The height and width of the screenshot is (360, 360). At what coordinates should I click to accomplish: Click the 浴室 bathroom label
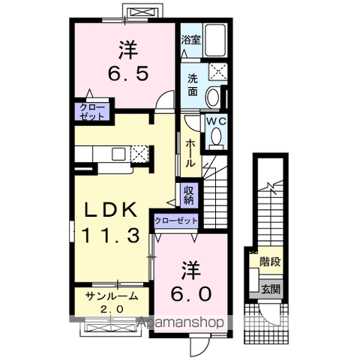point(190,40)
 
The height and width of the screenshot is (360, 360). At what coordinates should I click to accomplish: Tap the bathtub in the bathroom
point(215,40)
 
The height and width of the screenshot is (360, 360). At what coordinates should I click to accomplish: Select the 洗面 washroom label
point(193,85)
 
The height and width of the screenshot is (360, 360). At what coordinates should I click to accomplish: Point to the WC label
point(216,121)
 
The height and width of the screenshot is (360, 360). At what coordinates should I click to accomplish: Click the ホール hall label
point(190,153)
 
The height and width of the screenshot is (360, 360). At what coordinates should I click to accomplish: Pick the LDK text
point(111,209)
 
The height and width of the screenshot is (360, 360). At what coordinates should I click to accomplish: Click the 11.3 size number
point(111,236)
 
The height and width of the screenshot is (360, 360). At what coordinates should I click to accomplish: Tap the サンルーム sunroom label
point(112,296)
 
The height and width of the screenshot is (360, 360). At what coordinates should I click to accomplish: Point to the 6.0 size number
point(191,294)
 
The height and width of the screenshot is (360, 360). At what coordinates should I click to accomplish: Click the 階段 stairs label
point(270,262)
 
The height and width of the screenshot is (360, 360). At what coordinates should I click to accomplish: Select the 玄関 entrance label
point(271,289)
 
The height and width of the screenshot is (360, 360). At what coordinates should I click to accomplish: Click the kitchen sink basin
point(118,154)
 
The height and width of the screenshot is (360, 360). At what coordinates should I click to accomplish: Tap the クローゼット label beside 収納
point(176,221)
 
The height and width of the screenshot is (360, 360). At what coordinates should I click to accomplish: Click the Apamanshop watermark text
point(181,322)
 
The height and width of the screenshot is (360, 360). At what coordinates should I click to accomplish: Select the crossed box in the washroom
point(218,72)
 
